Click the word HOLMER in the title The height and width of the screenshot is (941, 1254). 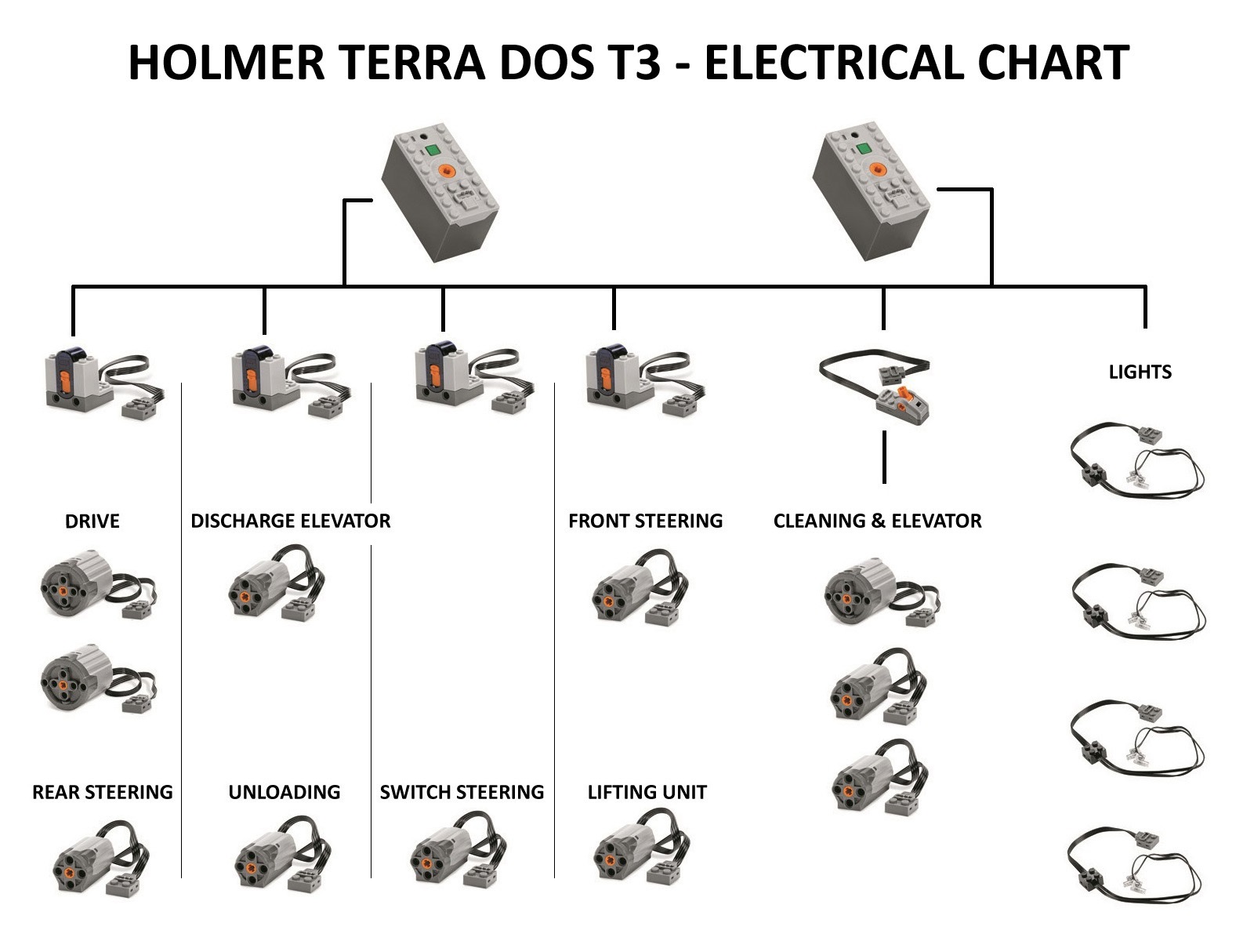point(227,62)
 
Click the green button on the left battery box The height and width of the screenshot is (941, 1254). point(433,151)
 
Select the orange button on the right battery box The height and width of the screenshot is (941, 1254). point(877,169)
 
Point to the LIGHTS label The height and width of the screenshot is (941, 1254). point(1140,372)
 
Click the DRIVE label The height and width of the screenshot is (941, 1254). point(92,521)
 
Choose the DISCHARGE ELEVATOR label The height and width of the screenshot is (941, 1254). point(290,521)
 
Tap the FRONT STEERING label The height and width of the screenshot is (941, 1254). point(646,521)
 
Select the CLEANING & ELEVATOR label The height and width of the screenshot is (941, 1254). point(878,521)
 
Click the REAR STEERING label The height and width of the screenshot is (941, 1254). point(102,792)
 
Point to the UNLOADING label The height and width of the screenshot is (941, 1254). point(285,792)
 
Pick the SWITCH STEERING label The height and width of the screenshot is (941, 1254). point(462,792)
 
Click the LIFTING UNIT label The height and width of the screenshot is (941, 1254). point(647,792)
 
